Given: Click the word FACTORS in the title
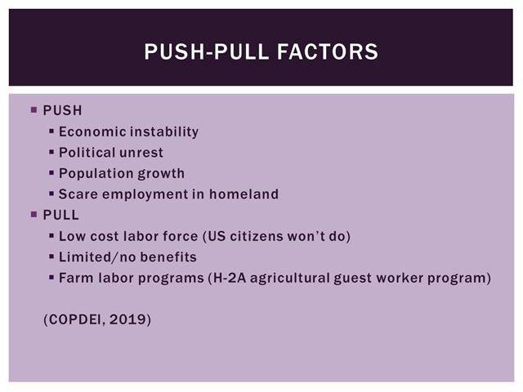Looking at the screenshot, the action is click(x=328, y=51).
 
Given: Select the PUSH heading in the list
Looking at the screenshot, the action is click(x=62, y=110).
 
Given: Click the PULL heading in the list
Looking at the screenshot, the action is click(x=60, y=215).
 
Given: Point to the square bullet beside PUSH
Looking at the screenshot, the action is click(x=34, y=109).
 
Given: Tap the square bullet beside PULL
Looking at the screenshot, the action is click(x=34, y=214).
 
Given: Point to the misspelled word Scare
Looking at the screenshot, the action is click(x=78, y=194).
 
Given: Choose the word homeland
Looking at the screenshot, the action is click(x=244, y=194).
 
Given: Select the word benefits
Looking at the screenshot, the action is click(x=168, y=257).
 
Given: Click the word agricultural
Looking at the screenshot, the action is click(x=290, y=278).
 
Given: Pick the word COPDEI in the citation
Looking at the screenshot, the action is click(x=75, y=319).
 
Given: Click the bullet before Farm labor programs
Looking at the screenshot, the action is click(x=51, y=277).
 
